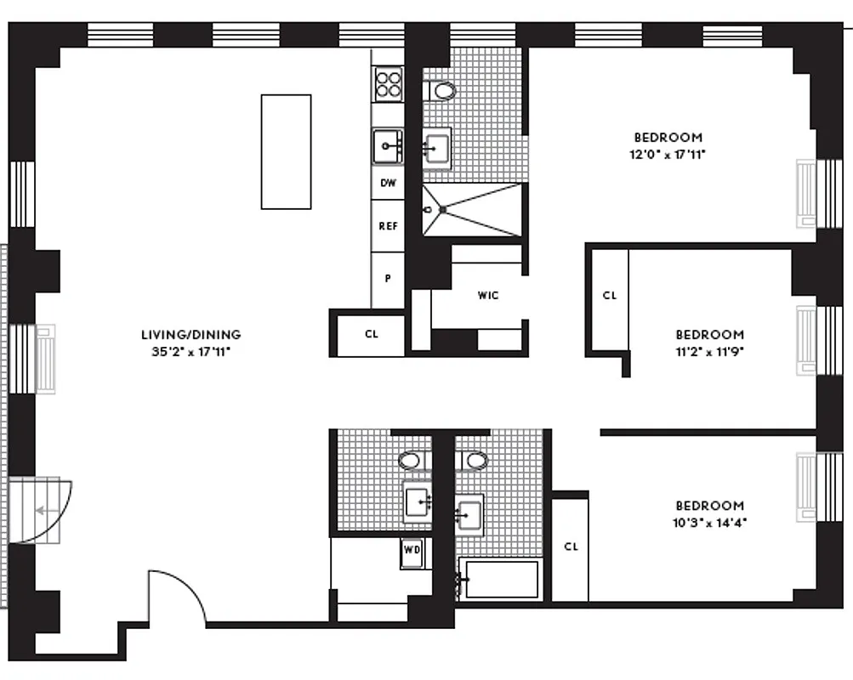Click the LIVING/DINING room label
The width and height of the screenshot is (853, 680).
click(x=191, y=334)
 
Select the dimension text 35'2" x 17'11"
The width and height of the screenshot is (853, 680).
click(x=191, y=349)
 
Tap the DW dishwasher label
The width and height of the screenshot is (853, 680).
click(x=388, y=183)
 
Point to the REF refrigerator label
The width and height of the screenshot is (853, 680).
click(x=388, y=226)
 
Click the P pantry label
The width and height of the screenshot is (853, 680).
click(x=388, y=278)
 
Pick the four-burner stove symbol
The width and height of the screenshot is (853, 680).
click(x=388, y=84)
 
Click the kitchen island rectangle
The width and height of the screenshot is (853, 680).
click(x=286, y=151)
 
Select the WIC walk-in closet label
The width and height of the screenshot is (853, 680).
click(x=487, y=296)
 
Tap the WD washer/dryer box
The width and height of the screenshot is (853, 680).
click(x=412, y=550)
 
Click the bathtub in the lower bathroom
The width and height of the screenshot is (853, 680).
click(x=500, y=580)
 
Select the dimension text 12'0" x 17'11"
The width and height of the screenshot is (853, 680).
click(x=668, y=154)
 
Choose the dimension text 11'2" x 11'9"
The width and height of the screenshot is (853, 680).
click(x=709, y=350)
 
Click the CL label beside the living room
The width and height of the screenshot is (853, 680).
click(x=371, y=334)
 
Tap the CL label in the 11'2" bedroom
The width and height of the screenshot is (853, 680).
click(x=609, y=296)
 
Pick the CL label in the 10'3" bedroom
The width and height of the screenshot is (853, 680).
click(x=571, y=547)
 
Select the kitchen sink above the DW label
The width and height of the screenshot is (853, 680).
click(x=388, y=146)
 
